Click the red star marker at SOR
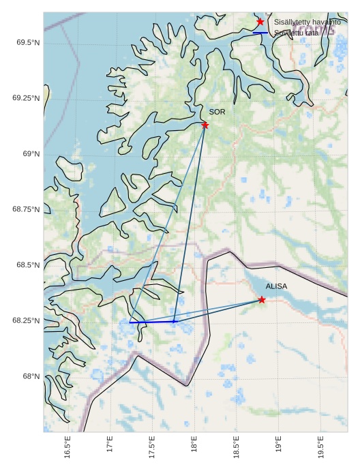[205, 125]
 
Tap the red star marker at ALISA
[262, 300]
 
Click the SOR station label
[217, 112]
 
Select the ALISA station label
[277, 287]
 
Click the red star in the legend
[260, 22]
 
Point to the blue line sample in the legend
[260, 33]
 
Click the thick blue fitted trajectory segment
[152, 322]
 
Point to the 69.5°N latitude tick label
[27, 43]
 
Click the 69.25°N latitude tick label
[25, 98]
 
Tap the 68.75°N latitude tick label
[25, 209]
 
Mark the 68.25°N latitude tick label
[25, 320]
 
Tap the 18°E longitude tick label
[194, 448]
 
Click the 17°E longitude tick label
[110, 448]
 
